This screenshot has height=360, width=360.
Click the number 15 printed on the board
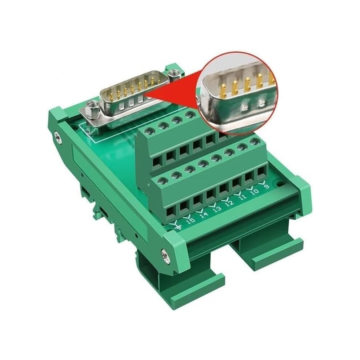tap(191, 220)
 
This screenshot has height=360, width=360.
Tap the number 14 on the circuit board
tap(204, 215)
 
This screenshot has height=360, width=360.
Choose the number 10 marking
tap(254, 191)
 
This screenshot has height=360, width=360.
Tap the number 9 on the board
tap(267, 186)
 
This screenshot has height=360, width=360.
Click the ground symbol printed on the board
tap(178, 226)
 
